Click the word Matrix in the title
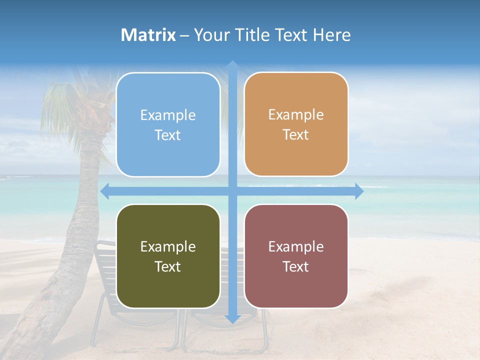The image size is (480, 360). coord(148,35)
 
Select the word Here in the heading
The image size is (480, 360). coord(331,35)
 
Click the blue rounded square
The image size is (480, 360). coord(168,125)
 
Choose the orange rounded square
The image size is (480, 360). coord(296,124)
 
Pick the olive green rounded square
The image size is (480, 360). coord(168,256)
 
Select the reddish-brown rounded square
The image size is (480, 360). coord(296,256)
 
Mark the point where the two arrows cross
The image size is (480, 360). coord(232,191)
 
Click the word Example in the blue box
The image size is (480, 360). coord(168,115)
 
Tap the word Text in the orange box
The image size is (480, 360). coord(296,135)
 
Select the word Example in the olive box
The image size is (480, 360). coord(168,246)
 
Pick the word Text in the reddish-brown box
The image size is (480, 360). coord(296,267)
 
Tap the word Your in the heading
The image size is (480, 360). coord(210,35)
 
